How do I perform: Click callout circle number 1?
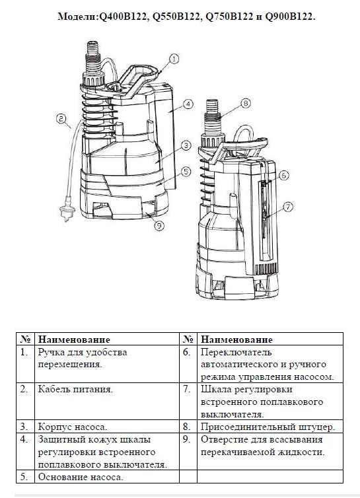(x=174, y=59)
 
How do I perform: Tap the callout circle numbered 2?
(x=61, y=118)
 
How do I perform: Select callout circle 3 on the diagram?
(x=186, y=146)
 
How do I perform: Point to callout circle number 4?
(x=188, y=104)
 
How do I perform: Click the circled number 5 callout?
(x=186, y=172)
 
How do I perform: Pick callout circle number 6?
(x=284, y=175)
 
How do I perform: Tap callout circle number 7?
(x=287, y=207)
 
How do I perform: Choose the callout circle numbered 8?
(x=245, y=103)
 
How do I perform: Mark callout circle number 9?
(x=159, y=226)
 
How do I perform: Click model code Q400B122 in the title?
(x=124, y=17)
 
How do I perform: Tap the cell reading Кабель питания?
(x=75, y=390)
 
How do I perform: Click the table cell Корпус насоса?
(x=73, y=427)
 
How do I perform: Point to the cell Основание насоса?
(x=81, y=477)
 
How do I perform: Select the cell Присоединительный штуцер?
(x=268, y=427)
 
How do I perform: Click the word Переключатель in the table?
(x=236, y=352)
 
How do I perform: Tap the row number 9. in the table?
(x=187, y=440)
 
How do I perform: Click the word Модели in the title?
(x=77, y=17)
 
